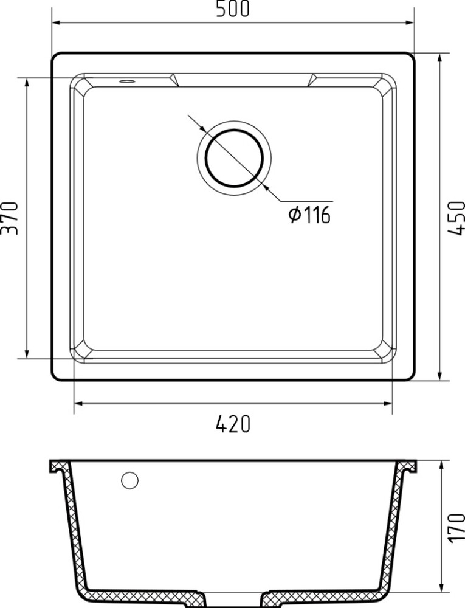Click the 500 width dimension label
[232, 9]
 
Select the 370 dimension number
[10, 218]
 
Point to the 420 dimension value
[233, 424]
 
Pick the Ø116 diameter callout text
[309, 215]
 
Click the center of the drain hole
[234, 158]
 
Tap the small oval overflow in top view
[126, 81]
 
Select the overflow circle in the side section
[129, 480]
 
